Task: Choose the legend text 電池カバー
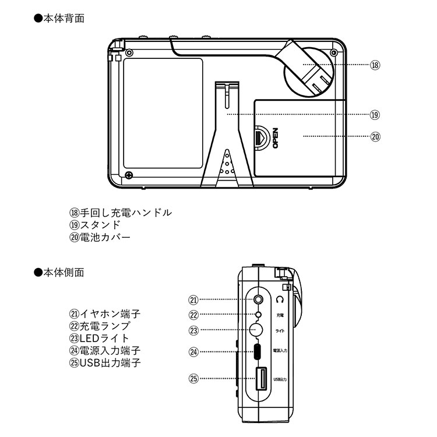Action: pos(105,237)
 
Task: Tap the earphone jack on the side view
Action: pos(259,299)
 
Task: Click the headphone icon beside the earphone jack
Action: pos(280,299)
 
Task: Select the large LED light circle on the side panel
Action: pos(256,330)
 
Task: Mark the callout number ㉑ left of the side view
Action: pos(194,299)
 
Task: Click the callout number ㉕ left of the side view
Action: pos(194,378)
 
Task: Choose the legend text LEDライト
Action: pos(104,339)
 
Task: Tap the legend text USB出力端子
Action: pos(110,363)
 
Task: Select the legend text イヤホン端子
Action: pos(110,314)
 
